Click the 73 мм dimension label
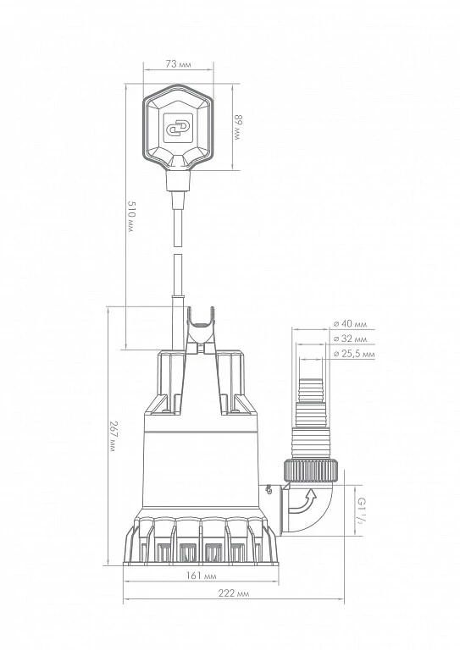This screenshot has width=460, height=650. pyautogui.click(x=178, y=64)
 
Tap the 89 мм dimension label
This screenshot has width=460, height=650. pyautogui.click(x=237, y=127)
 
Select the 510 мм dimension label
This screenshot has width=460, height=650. pyautogui.click(x=131, y=217)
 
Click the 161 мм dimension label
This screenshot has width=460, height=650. pyautogui.click(x=201, y=576)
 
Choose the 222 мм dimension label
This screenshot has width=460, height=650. pyautogui.click(x=234, y=593)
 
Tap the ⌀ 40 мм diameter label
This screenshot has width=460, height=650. pyautogui.click(x=351, y=324)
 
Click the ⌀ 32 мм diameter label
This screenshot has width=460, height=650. pyautogui.click(x=351, y=339)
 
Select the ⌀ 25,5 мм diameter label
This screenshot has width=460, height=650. pyautogui.click(x=354, y=354)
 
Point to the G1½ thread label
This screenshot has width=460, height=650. pyautogui.click(x=362, y=510)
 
